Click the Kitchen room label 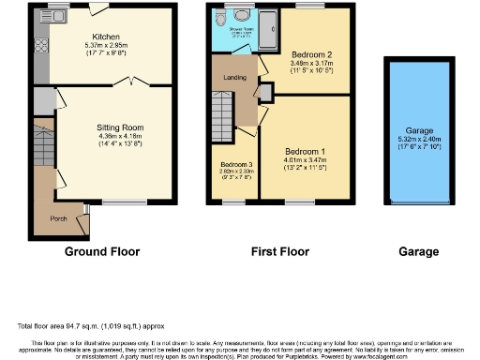[x=105, y=37]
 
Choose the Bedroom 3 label [x=225, y=163]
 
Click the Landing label [x=234, y=78]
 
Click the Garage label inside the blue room [x=418, y=130]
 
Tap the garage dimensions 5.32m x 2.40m [x=418, y=140]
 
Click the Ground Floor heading [x=102, y=252]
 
